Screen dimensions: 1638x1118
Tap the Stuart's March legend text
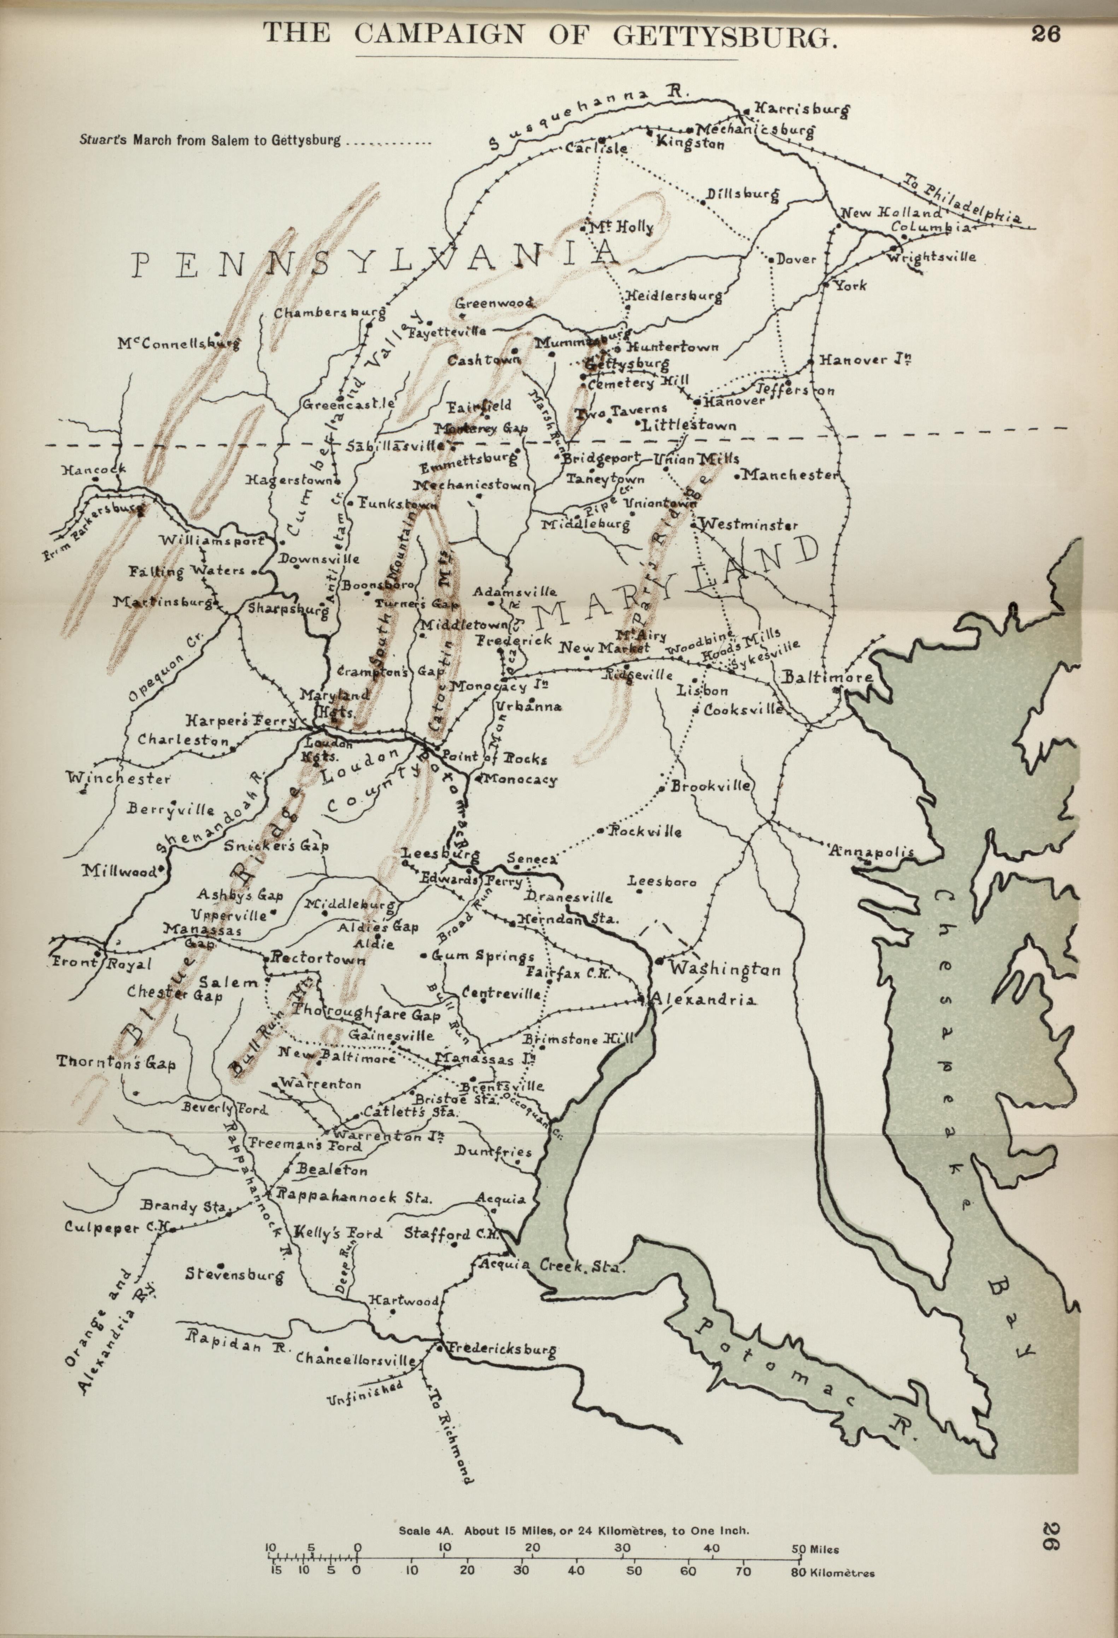[x=210, y=140]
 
